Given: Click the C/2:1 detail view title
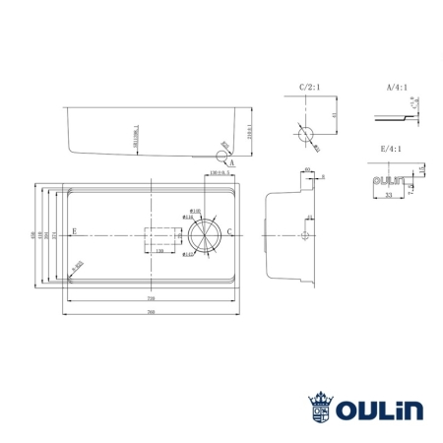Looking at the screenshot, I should [310, 87].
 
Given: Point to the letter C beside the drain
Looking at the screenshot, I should [229, 231].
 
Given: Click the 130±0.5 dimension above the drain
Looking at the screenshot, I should [220, 173].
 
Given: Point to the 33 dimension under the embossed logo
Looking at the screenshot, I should [389, 196].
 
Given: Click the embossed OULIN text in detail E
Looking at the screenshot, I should [388, 181].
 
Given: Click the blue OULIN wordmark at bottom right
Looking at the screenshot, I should [378, 407].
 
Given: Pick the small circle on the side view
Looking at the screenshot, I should [305, 235].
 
